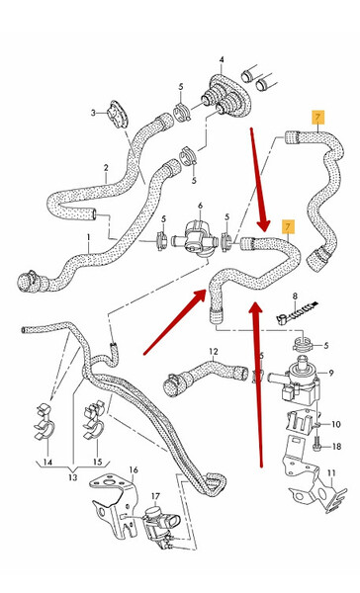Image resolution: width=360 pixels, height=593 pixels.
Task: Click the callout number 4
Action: [x=222, y=59]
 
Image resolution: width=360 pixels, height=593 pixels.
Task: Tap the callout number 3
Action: [x=93, y=113]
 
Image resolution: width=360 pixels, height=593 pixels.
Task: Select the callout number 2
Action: [x=106, y=168]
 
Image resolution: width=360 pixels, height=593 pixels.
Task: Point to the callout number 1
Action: [x=89, y=237]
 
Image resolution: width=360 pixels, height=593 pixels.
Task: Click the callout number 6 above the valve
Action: [x=200, y=206]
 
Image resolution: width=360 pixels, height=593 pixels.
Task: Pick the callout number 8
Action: [x=296, y=296]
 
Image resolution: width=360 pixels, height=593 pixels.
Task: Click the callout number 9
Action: [x=331, y=374]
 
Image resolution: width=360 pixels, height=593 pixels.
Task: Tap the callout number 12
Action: [x=214, y=352]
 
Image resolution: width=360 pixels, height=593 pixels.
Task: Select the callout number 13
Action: [x=72, y=477]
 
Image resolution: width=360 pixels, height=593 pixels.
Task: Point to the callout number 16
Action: [x=134, y=470]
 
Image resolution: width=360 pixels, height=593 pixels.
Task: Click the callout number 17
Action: [x=155, y=496]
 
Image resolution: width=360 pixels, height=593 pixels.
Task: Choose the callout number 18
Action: [x=336, y=447]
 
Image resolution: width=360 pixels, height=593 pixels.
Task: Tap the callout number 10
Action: [x=336, y=424]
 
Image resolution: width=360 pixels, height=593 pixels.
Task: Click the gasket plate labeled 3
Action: [x=117, y=115]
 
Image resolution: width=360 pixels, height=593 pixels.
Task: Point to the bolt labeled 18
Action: [x=316, y=445]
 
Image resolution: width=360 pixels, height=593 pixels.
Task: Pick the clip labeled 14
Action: [x=45, y=422]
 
